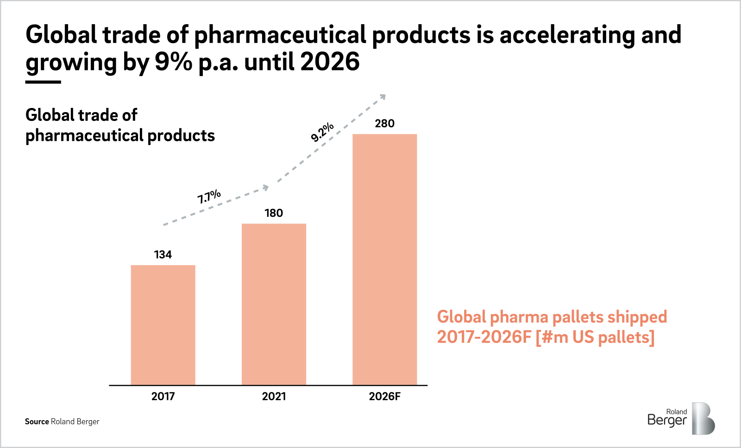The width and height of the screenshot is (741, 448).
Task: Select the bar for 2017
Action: pos(163,325)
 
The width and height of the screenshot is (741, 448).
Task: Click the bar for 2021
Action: pos(274,304)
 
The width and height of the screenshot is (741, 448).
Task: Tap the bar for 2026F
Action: pos(384,259)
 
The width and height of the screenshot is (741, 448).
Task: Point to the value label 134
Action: pos(163,255)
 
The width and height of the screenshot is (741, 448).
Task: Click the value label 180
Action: pos(274,213)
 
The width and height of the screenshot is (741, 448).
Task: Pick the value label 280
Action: pos(384,124)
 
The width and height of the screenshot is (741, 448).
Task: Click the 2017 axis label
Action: pos(163,397)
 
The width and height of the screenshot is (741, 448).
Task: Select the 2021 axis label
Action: pos(274,397)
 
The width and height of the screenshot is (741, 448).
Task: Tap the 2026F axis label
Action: pos(384,397)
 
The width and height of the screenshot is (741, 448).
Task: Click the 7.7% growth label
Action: pos(209,196)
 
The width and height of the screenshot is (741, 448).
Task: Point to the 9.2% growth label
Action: pos(322,132)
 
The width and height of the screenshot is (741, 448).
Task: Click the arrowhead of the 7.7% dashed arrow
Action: pos(266,187)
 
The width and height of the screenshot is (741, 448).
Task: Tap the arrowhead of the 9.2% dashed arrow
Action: pos(383,96)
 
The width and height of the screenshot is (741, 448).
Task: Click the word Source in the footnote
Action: pos(37,422)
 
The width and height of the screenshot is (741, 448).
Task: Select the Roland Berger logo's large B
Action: pos(703,419)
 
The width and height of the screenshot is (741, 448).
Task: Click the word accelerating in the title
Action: pos(567,35)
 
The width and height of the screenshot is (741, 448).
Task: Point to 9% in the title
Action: pos(173,62)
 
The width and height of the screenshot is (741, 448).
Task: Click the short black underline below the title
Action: pos(43,82)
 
